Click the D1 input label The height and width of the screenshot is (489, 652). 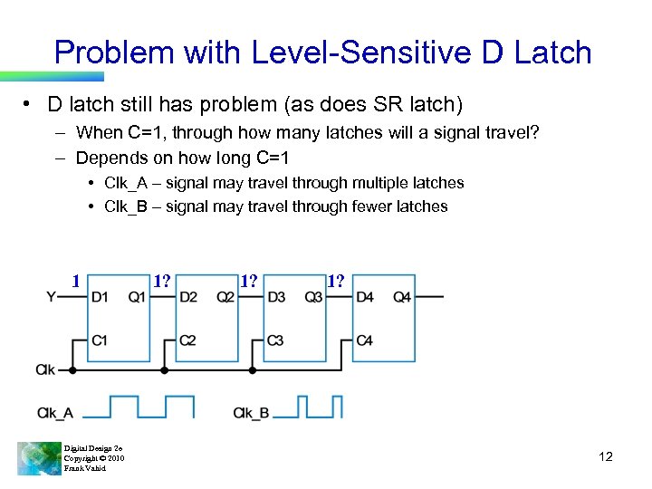100,297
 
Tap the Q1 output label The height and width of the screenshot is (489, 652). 137,297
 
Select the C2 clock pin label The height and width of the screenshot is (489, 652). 187,340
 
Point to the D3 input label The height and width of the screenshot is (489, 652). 276,297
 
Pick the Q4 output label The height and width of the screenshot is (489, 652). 402,297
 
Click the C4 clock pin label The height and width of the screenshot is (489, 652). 365,340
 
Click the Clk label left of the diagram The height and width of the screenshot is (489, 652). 47,369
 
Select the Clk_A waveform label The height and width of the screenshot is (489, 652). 55,413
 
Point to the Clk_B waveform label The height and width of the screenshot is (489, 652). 251,413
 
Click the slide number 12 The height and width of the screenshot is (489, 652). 606,456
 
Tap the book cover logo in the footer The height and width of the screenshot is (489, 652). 38,457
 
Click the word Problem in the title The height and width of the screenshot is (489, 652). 114,52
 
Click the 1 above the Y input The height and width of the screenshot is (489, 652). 77,280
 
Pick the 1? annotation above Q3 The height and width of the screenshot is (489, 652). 336,280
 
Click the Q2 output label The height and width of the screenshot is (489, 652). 225,297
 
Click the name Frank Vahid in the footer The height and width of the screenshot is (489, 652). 84,468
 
